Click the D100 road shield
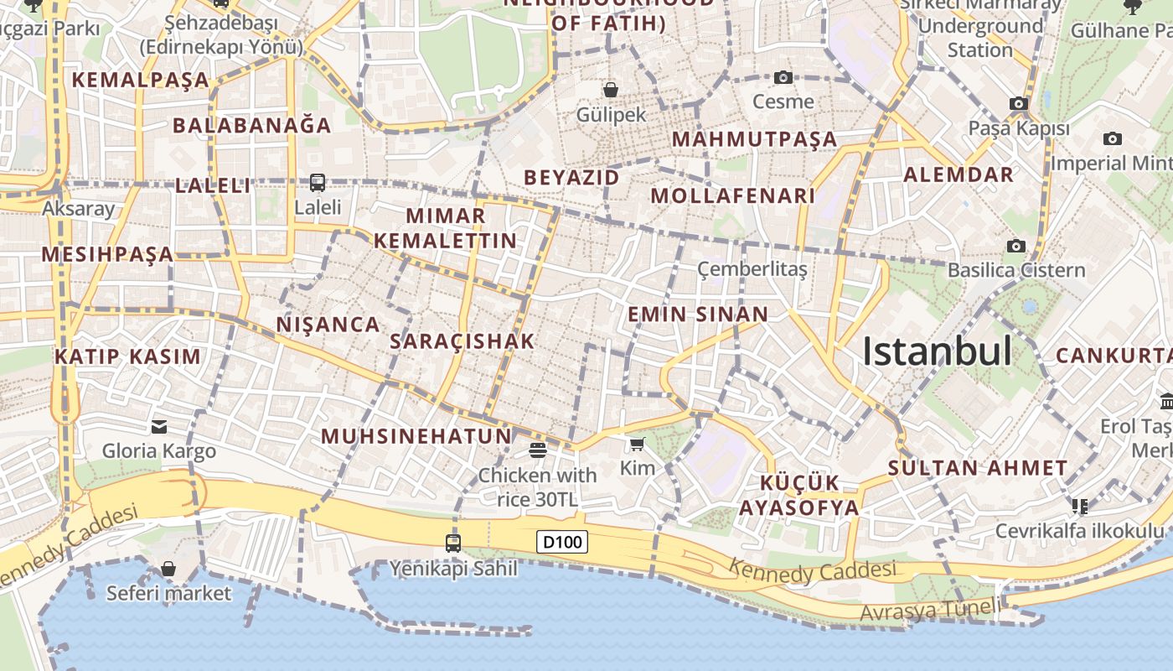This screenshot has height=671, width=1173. click(x=561, y=542)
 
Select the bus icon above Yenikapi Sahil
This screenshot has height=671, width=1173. click(x=453, y=544)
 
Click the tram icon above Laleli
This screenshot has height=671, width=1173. click(x=318, y=182)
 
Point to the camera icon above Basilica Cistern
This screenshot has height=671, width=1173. click(x=1016, y=246)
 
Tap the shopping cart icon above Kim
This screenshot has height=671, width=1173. click(x=638, y=444)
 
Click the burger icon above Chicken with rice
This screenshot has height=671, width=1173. click(x=538, y=450)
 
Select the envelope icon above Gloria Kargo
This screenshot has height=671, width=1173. click(x=159, y=427)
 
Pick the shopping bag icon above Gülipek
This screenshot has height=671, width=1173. click(x=611, y=90)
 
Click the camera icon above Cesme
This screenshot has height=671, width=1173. click(x=783, y=78)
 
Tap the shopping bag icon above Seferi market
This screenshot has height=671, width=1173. click(x=168, y=569)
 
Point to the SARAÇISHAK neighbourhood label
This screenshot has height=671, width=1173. click(x=462, y=341)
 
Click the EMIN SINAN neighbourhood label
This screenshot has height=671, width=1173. click(x=698, y=315)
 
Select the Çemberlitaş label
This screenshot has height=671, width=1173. click(x=752, y=269)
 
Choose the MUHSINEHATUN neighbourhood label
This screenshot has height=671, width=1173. click(x=416, y=436)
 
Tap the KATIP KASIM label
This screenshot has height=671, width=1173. click(x=128, y=356)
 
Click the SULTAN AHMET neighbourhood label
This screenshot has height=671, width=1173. click(x=978, y=468)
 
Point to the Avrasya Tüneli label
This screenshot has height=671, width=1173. click(x=929, y=610)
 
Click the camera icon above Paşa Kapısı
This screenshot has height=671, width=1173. click(x=1019, y=104)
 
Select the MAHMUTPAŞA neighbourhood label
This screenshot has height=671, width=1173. click(x=754, y=139)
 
